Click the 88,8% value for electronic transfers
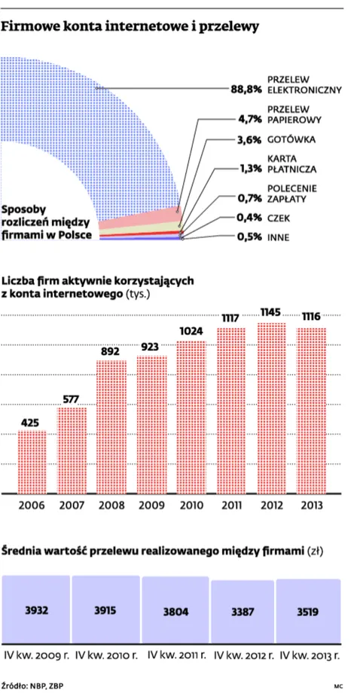tap(246, 89)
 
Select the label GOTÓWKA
tap(291, 139)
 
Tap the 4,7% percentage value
tap(252, 119)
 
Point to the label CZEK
tap(279, 218)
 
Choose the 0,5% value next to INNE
tap(249, 237)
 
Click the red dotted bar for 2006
tap(32, 462)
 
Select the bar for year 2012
tap(271, 408)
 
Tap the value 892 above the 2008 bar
tap(111, 352)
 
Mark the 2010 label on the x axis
tap(191, 505)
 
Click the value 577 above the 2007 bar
tap(72, 399)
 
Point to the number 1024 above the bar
tap(191, 331)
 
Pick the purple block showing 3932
tap(37, 609)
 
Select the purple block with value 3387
tap(243, 612)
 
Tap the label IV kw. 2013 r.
tap(310, 656)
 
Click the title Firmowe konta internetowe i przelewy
tap(130, 27)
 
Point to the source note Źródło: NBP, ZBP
tap(32, 685)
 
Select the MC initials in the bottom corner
tap(337, 686)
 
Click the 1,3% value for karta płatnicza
tap(251, 169)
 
